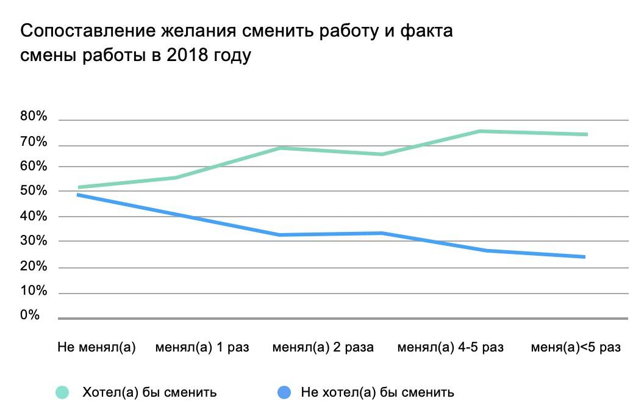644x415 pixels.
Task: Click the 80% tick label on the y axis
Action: (34, 117)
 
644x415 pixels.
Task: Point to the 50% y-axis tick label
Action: (34, 191)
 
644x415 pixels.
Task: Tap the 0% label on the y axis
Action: (30, 316)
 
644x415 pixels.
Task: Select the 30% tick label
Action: (34, 241)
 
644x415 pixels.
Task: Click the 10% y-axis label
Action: (34, 291)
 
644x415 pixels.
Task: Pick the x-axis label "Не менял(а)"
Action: (96, 348)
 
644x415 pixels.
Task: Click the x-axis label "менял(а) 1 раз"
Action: (202, 348)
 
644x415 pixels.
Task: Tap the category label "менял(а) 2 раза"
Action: (323, 348)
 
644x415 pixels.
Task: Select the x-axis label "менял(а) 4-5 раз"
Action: (451, 348)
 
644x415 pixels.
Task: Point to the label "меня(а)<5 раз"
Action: (576, 348)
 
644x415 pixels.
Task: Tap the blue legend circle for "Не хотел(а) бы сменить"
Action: (284, 392)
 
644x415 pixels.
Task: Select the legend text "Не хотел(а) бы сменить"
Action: (377, 392)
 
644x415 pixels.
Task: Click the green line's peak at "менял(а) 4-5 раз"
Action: (481, 131)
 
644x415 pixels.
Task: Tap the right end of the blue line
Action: (585, 257)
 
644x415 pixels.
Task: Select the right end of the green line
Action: (586, 134)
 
